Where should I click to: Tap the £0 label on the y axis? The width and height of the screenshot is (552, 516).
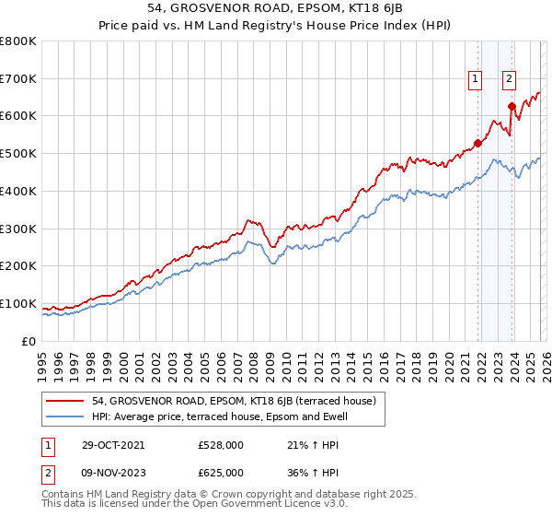point(28,341)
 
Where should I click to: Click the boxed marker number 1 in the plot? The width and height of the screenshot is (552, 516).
point(476,79)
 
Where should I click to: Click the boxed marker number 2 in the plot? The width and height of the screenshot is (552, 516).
point(509,79)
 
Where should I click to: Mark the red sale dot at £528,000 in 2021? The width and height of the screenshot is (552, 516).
point(478,143)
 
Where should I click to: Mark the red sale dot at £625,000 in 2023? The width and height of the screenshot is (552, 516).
point(512,107)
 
